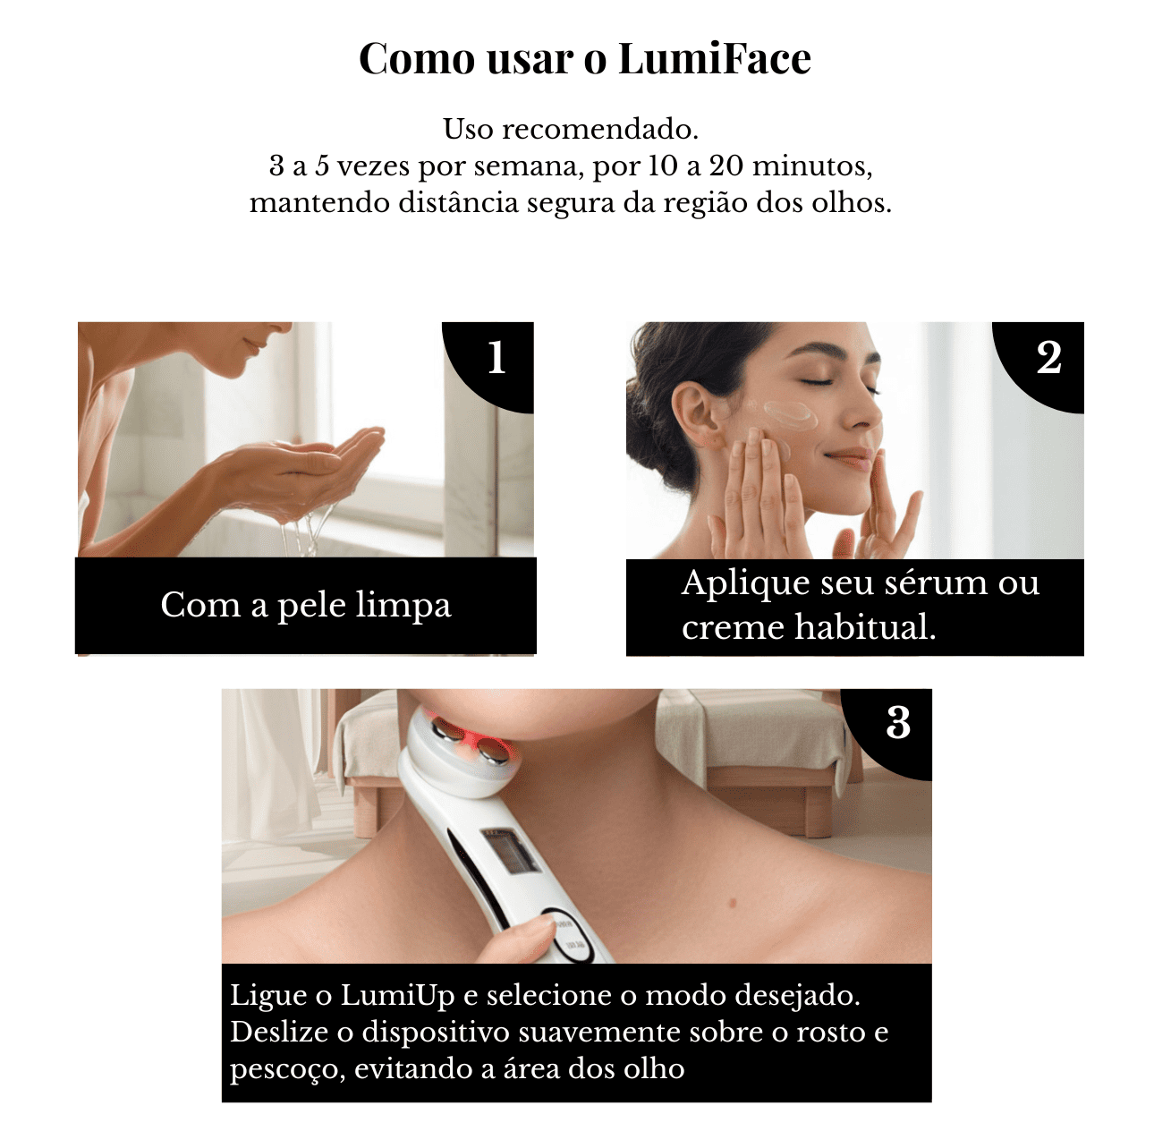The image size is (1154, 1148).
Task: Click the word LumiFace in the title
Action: pos(715,59)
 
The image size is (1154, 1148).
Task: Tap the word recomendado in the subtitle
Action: pos(600,129)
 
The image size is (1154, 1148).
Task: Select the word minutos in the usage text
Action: pos(812,166)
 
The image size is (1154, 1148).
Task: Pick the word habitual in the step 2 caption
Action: pos(865,627)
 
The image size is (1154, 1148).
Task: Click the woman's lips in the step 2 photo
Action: pos(851,458)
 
